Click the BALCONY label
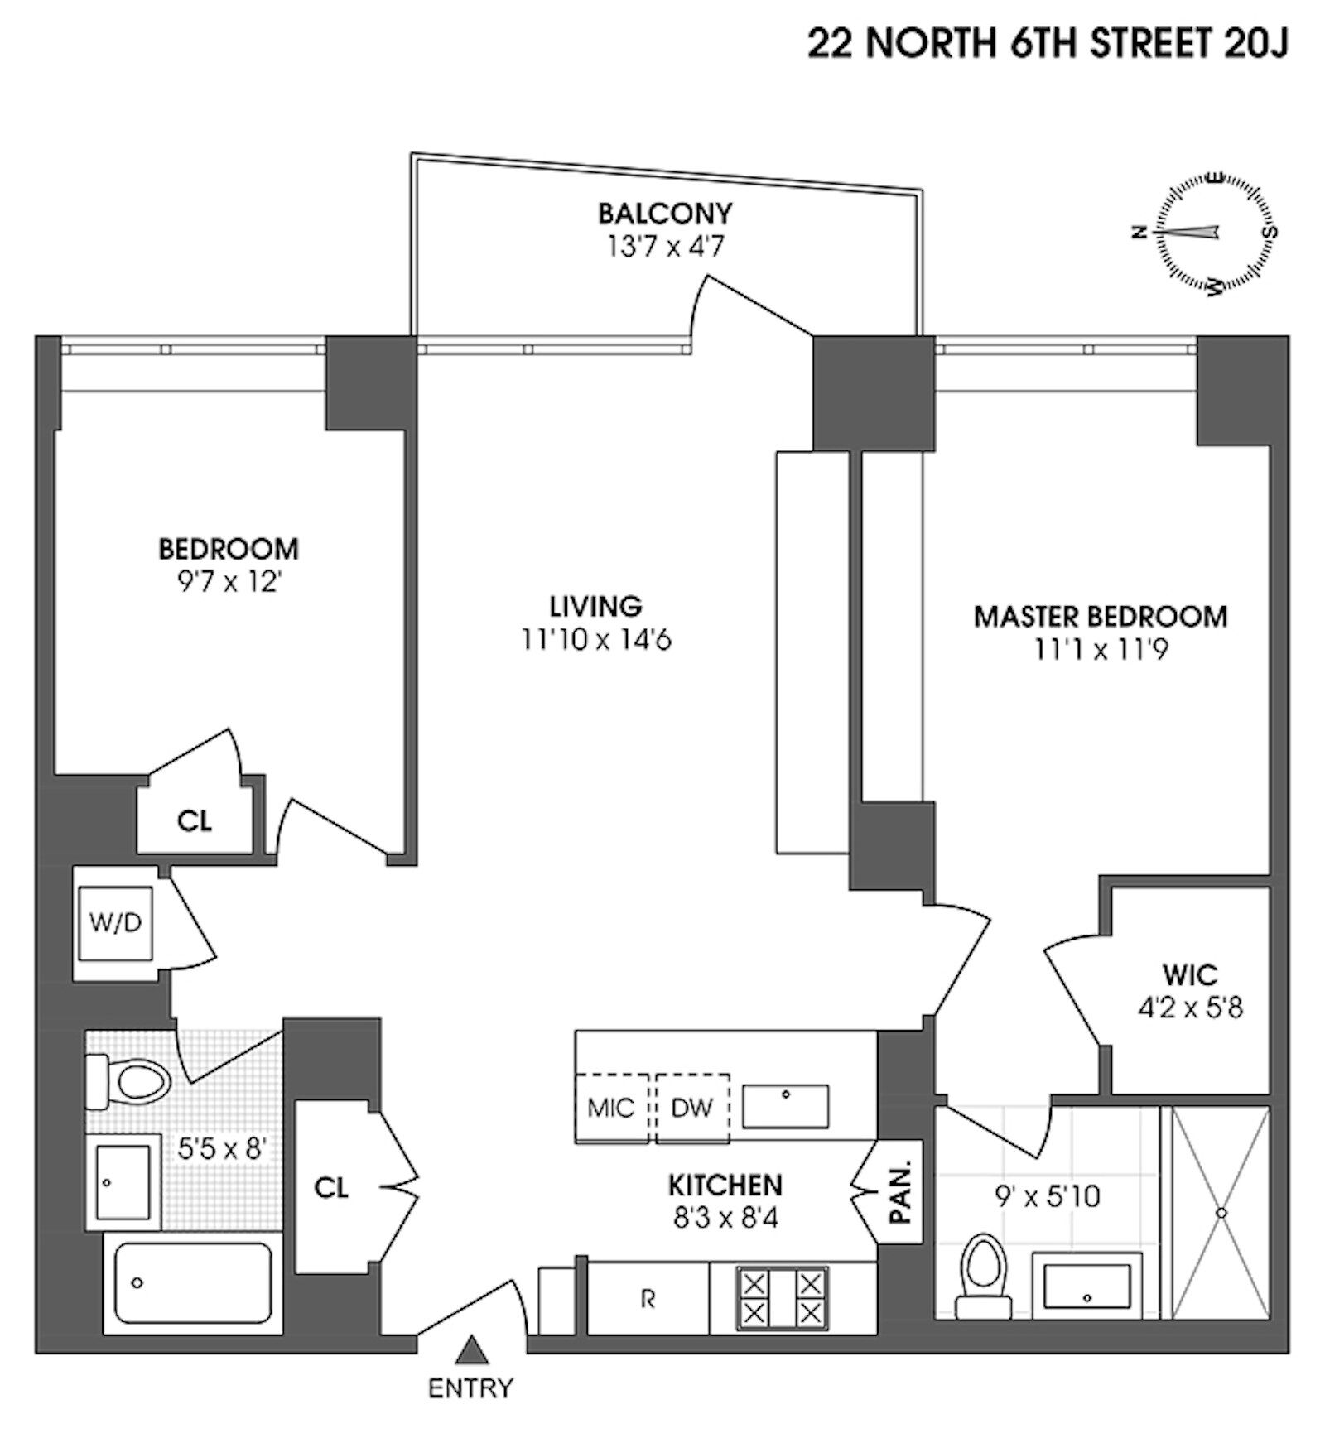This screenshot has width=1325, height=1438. click(x=665, y=213)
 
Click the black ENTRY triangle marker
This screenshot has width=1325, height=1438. click(x=471, y=1349)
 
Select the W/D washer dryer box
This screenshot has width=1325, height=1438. click(x=115, y=923)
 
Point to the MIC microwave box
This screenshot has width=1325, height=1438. click(x=611, y=1108)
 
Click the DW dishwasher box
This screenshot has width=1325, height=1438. click(x=692, y=1108)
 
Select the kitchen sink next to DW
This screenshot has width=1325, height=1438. click(x=785, y=1106)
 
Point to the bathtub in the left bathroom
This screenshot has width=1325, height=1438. click(x=194, y=1282)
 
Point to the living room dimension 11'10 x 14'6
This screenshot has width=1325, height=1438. click(x=595, y=640)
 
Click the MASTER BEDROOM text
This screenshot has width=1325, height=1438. click(x=1101, y=617)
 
